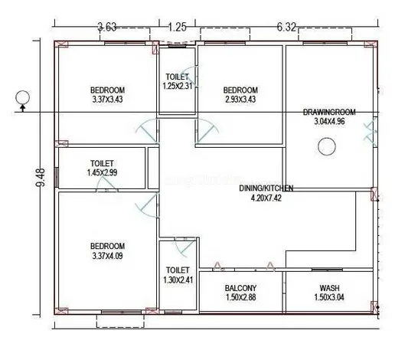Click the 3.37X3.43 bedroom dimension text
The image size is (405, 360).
pyautogui.click(x=107, y=100)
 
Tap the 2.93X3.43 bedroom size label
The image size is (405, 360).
pyautogui.click(x=240, y=100)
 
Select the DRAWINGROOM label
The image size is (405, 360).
pyautogui.click(x=329, y=112)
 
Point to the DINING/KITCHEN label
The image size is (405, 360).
pyautogui.click(x=266, y=188)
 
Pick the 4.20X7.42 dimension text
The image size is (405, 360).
pyautogui.click(x=266, y=198)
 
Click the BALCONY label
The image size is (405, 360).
pyautogui.click(x=240, y=288)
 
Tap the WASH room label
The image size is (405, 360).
pyautogui.click(x=329, y=288)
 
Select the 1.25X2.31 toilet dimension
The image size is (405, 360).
pyautogui.click(x=178, y=86)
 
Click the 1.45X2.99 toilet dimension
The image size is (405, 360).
pyautogui.click(x=102, y=172)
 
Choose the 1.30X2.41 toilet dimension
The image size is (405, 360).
pyautogui.click(x=178, y=280)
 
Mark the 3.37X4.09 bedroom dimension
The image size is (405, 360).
pyautogui.click(x=107, y=256)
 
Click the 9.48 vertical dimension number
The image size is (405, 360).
pyautogui.click(x=41, y=177)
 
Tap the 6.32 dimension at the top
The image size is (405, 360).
pyautogui.click(x=286, y=27)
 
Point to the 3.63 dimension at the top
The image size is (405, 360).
pyautogui.click(x=107, y=27)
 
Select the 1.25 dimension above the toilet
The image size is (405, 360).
pyautogui.click(x=177, y=27)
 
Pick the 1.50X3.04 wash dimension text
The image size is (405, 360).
pyautogui.click(x=329, y=297)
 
